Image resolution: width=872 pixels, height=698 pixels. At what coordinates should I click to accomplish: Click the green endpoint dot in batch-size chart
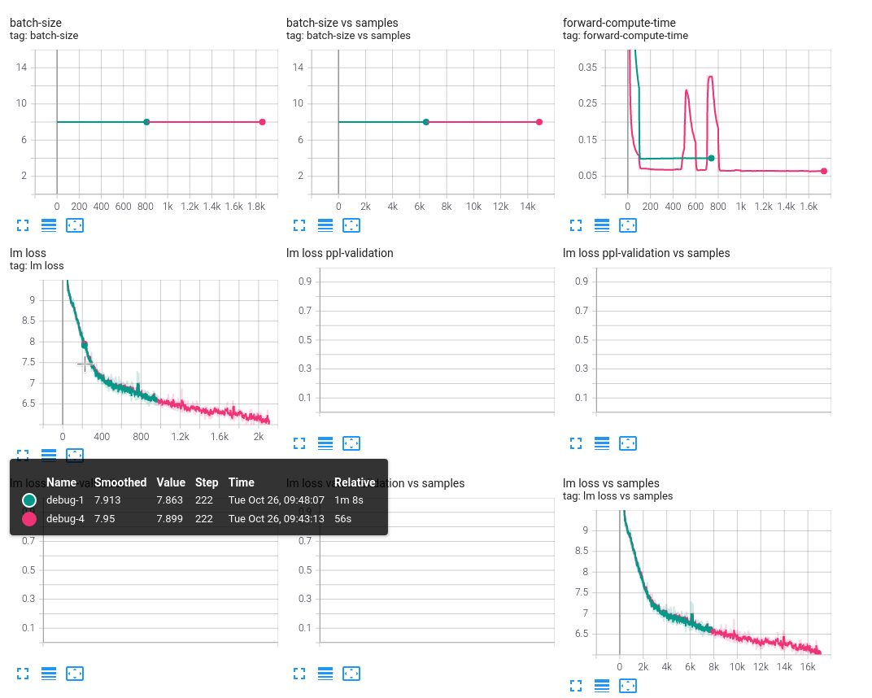(146, 122)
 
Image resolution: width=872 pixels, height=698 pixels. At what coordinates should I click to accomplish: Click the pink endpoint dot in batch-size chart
(262, 122)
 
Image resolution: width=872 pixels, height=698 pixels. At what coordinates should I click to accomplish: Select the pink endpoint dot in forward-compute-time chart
(824, 171)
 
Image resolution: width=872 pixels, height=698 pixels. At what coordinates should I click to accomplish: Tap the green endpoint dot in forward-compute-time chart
(711, 158)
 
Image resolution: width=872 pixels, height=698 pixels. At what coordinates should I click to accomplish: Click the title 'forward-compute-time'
(619, 23)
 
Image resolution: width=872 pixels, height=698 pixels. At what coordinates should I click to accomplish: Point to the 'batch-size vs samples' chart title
(342, 23)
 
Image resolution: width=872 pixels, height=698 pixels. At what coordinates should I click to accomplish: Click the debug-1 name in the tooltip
(64, 500)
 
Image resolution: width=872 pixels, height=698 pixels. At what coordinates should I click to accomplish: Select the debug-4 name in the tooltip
(64, 519)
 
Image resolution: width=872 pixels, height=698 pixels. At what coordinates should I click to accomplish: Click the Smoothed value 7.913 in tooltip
(109, 500)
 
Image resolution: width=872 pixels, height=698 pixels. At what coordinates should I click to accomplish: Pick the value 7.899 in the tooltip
(171, 519)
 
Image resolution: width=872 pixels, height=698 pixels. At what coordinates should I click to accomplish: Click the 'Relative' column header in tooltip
(355, 482)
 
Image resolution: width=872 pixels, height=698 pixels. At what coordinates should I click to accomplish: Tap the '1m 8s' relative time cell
(348, 500)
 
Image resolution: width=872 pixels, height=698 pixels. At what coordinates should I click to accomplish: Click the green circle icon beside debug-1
(29, 500)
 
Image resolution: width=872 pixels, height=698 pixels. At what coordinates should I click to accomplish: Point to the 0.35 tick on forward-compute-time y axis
(586, 67)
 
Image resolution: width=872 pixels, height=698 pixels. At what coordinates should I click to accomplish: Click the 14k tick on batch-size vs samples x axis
(526, 207)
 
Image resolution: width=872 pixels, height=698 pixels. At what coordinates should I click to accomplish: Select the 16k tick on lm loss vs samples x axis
(808, 666)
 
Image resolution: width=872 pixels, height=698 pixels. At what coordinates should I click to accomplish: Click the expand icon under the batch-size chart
(23, 225)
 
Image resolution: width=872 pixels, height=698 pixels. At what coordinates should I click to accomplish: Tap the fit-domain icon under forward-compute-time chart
(628, 225)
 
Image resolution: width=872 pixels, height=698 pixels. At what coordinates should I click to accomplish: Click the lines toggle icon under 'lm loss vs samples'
(602, 686)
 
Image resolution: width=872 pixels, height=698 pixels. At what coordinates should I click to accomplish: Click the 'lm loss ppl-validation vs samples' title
(646, 253)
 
